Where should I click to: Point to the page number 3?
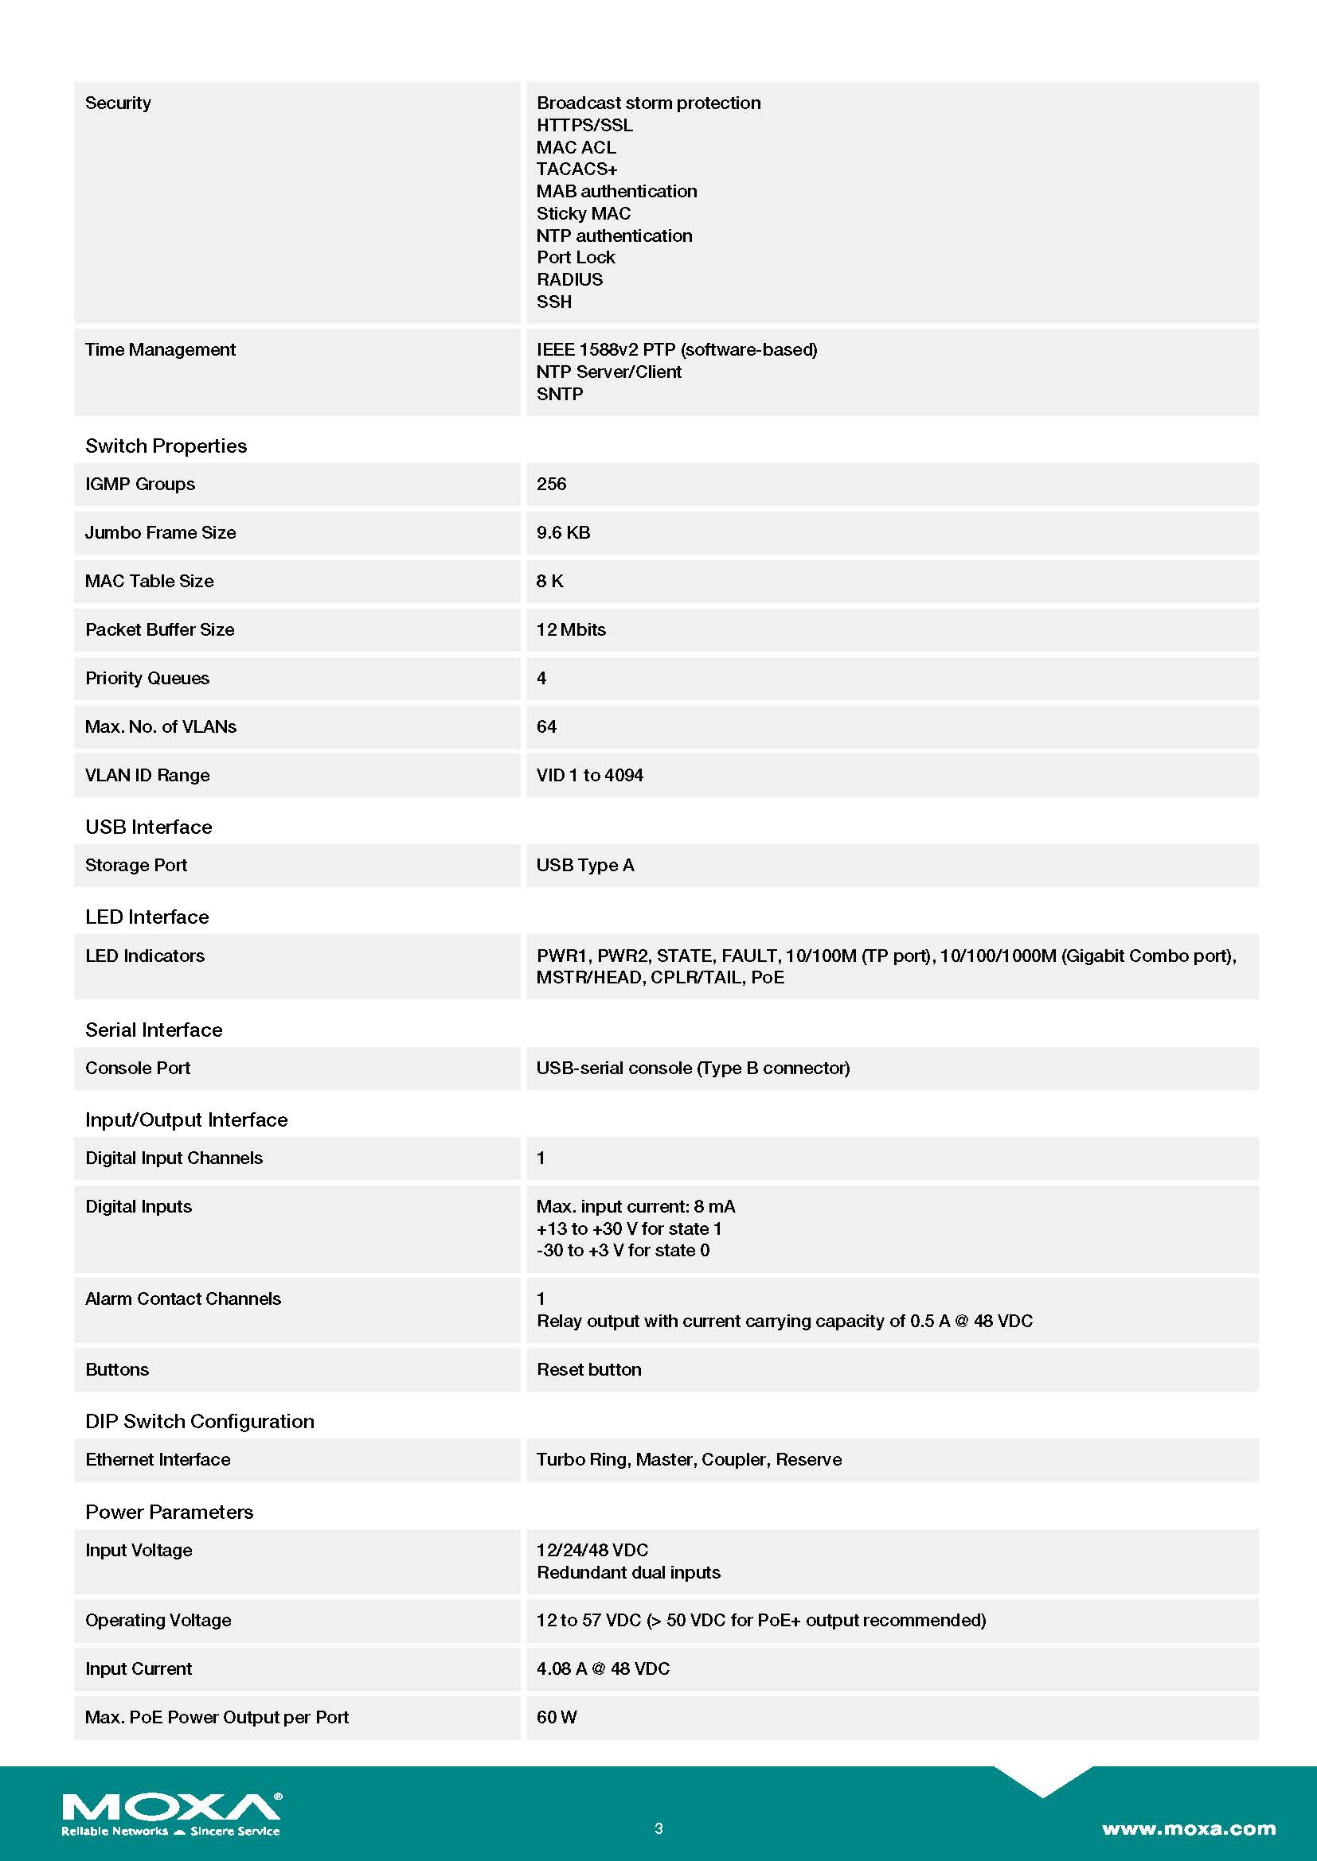coord(658,1828)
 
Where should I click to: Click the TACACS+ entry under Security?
coord(576,169)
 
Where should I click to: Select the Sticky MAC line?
coord(583,213)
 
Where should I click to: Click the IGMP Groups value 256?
coord(552,484)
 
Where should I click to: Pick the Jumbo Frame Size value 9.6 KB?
coord(563,532)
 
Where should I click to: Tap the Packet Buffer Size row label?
coord(160,630)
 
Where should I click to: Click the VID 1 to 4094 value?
coord(589,775)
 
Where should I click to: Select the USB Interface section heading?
coord(148,827)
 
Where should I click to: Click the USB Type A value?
coord(584,865)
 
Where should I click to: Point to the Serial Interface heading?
coord(153,1030)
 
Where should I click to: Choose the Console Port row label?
coord(138,1068)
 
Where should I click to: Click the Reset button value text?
coord(588,1369)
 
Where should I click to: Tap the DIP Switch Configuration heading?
coord(200,1421)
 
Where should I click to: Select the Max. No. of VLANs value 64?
coord(546,726)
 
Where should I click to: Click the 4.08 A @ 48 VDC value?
coord(603,1668)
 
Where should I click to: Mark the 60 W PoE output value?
coord(557,1717)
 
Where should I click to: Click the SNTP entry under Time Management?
coord(560,394)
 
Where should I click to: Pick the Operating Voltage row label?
coord(158,1619)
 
